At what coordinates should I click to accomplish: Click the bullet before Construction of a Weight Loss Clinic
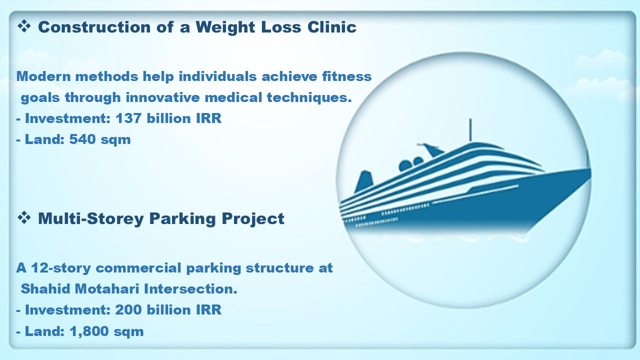pyautogui.click(x=24, y=26)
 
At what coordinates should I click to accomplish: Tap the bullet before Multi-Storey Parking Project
pyautogui.click(x=24, y=218)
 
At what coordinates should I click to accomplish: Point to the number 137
pyautogui.click(x=128, y=118)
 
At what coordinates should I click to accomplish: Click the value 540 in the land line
pyautogui.click(x=82, y=139)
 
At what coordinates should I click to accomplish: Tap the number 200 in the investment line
pyautogui.click(x=128, y=309)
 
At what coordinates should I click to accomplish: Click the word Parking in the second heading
pyautogui.click(x=182, y=219)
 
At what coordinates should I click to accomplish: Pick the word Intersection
pyautogui.click(x=190, y=288)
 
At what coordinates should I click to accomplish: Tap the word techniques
pyautogui.click(x=309, y=97)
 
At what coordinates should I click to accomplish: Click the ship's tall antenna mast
pyautogui.click(x=470, y=130)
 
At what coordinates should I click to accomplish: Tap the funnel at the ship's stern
pyautogui.click(x=363, y=181)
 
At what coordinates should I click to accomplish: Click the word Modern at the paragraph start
pyautogui.click(x=43, y=76)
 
